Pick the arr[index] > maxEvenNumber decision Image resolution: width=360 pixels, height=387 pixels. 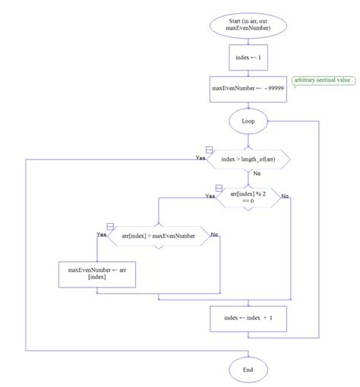click(x=158, y=236)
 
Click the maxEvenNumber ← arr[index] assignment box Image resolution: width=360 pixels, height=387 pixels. click(x=97, y=274)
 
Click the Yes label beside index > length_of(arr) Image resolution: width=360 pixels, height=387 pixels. click(x=201, y=158)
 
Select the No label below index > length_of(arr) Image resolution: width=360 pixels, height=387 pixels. click(x=257, y=174)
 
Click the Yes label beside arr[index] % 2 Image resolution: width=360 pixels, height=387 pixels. click(x=210, y=196)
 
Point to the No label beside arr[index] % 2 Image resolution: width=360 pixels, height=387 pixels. click(x=286, y=196)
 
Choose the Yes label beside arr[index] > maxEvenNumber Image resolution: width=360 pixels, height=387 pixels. click(x=102, y=235)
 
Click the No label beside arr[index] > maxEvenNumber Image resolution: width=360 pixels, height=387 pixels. click(x=214, y=235)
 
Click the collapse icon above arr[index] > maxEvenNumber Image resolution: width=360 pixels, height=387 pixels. click(x=110, y=227)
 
